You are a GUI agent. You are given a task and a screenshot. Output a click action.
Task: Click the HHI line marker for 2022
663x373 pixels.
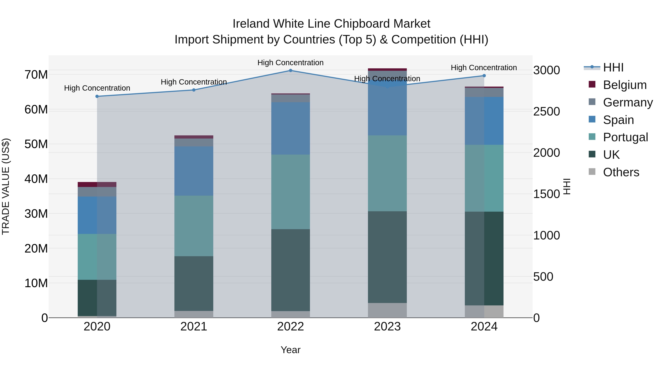coord(291,71)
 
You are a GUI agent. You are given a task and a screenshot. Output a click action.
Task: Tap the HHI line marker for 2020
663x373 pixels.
coord(97,96)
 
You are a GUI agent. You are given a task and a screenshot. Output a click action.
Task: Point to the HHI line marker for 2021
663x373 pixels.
coord(194,90)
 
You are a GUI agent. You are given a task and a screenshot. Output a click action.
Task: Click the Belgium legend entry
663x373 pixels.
coord(625,85)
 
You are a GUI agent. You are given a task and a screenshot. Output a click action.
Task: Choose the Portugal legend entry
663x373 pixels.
coord(625,137)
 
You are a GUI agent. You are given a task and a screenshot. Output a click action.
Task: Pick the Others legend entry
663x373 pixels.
coord(621,172)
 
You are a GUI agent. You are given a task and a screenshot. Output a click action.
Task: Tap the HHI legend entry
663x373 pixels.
coord(613,67)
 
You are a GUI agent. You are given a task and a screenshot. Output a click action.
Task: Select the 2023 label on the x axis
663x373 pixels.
coord(387,327)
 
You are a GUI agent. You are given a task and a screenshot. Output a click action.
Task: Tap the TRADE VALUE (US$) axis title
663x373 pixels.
coord(6,186)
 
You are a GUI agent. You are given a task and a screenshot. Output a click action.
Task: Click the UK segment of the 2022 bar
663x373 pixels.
coord(291,270)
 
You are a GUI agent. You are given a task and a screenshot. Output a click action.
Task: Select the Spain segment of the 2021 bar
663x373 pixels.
coord(194,171)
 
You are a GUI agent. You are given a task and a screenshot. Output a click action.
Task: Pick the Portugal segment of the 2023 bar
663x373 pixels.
coord(387,173)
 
